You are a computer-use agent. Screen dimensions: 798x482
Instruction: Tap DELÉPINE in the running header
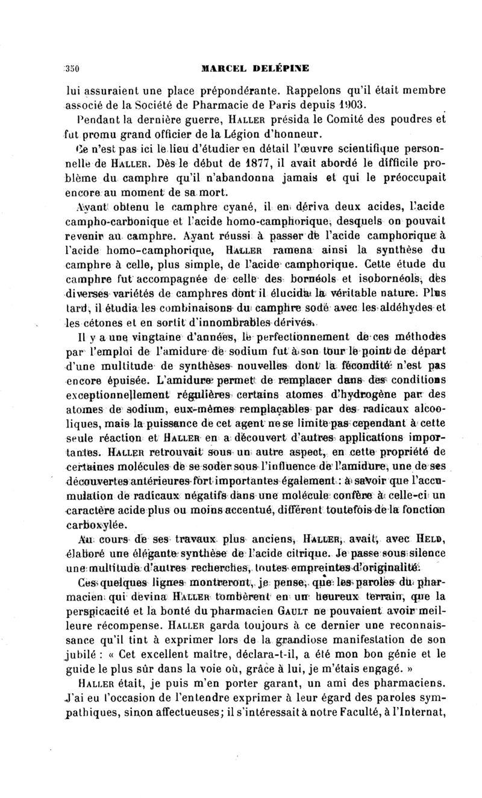click(x=281, y=68)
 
